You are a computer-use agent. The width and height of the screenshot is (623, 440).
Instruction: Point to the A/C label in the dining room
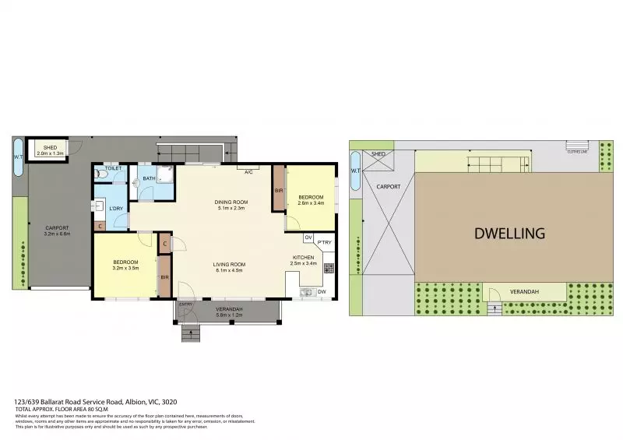248,171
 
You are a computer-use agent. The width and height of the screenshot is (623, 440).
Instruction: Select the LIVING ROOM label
230,265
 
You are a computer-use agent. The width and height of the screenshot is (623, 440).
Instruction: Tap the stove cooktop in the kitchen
329,269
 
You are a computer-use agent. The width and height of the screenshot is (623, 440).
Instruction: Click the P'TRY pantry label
324,242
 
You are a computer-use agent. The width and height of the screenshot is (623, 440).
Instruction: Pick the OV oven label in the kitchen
308,237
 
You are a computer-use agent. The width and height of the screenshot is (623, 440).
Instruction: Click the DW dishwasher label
322,292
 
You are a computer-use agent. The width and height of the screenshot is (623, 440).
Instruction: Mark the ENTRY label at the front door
185,304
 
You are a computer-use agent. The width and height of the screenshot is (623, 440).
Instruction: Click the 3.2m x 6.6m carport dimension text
57,234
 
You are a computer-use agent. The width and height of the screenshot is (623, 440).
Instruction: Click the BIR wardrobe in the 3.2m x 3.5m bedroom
164,276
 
